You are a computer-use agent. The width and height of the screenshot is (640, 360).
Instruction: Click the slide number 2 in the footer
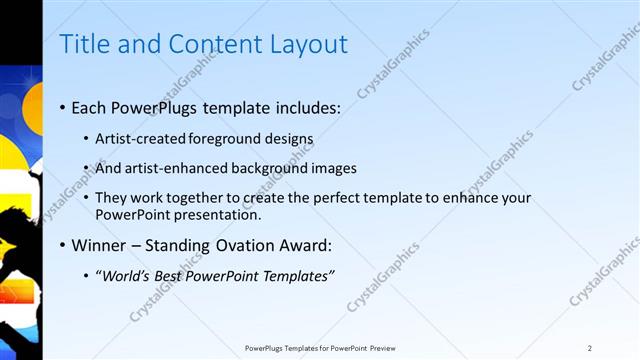(x=590, y=348)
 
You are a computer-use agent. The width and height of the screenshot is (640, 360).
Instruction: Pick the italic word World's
(x=126, y=276)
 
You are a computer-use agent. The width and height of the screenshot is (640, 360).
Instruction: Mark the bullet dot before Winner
(x=64, y=246)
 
